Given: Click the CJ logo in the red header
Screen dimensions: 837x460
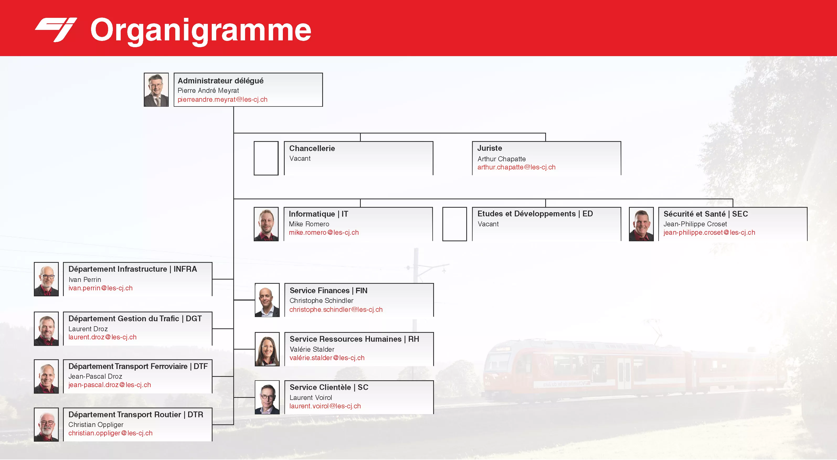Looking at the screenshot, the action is [56, 30].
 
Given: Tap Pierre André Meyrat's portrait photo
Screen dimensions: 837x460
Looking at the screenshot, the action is [156, 90].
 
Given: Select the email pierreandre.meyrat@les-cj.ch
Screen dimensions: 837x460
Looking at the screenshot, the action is [222, 99].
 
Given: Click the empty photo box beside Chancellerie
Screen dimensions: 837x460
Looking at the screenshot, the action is [266, 158].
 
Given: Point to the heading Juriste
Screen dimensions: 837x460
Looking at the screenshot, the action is [490, 148].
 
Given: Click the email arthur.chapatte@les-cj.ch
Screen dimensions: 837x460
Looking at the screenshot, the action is [516, 167].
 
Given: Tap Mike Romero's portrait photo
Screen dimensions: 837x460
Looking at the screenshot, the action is [266, 224].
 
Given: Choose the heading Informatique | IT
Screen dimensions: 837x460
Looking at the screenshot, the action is [319, 214].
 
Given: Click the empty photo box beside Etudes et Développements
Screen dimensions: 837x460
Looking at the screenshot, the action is [454, 224].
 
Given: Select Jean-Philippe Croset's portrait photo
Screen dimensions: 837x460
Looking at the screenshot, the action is [642, 224].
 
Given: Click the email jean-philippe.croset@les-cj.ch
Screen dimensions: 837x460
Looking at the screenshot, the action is [709, 232].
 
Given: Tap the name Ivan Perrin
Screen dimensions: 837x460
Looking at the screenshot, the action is [85, 279].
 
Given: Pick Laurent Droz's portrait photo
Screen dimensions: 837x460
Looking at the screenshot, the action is [46, 329].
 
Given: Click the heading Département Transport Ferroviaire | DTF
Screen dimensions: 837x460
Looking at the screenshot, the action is [138, 366].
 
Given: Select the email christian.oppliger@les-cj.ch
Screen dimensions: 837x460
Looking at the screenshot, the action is [110, 433].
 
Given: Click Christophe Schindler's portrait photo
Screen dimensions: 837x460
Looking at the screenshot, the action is [267, 300].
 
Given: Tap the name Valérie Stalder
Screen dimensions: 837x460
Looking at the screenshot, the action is [312, 349].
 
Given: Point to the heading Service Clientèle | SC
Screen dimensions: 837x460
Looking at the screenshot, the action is [329, 387].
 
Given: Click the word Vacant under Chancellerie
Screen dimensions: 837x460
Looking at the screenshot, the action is [300, 158].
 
